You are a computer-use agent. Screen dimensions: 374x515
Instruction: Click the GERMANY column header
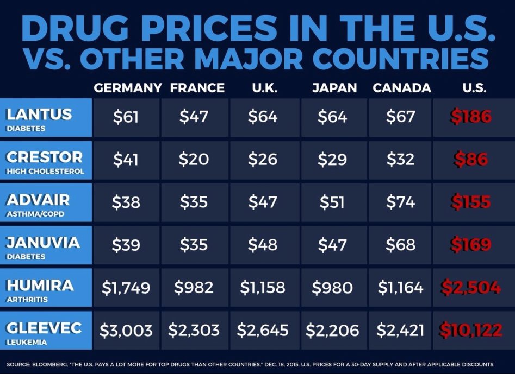[x=128, y=88]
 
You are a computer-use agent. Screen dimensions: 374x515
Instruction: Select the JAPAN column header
[x=334, y=88]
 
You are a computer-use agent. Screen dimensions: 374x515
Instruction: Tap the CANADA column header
[x=402, y=88]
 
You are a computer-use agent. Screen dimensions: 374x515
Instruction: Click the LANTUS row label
[x=39, y=114]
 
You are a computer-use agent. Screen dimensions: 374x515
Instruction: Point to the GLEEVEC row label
[x=44, y=327]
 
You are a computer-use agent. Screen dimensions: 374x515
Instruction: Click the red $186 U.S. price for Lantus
[x=471, y=117]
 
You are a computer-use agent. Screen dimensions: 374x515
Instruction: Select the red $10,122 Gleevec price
[x=471, y=329]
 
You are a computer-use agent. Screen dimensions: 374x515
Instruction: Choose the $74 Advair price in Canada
[x=401, y=202]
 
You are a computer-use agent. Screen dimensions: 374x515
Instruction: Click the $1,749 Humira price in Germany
[x=126, y=287]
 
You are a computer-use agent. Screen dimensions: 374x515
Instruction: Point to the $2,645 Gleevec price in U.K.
[x=264, y=329]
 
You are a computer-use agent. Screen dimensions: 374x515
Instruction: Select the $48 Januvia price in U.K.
[x=263, y=245]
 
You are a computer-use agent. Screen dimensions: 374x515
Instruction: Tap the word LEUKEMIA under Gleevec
[x=25, y=342]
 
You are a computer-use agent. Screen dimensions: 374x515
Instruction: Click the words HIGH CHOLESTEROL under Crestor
[x=45, y=172]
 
